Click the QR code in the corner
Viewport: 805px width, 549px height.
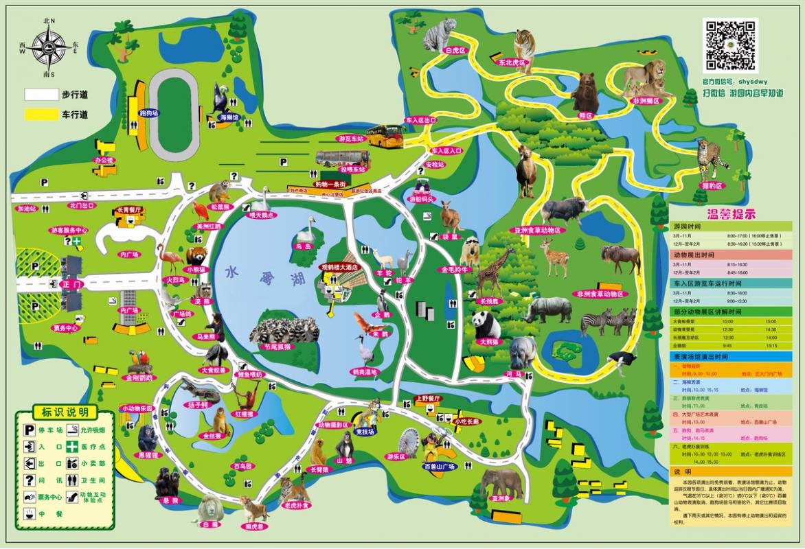click(x=731, y=45)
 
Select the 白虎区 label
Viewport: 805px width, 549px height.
click(x=455, y=51)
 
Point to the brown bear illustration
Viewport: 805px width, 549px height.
click(x=586, y=92)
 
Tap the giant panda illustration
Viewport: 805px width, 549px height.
click(x=486, y=323)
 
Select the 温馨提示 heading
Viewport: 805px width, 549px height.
click(x=731, y=213)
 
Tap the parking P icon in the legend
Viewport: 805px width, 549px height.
click(x=30, y=430)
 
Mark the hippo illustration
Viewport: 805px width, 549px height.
click(x=523, y=351)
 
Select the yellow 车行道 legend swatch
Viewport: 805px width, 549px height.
click(x=42, y=115)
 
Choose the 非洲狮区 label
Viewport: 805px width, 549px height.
click(x=645, y=101)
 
